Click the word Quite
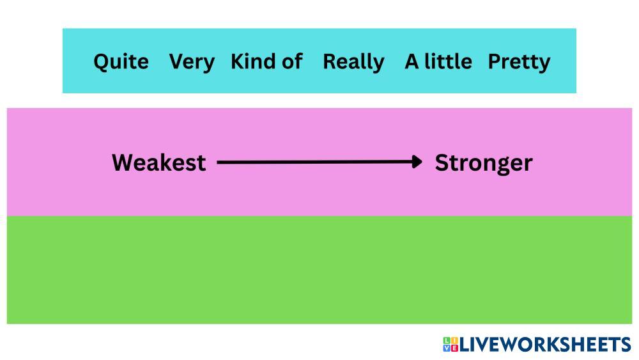pos(121,62)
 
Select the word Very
pos(192,63)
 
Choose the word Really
pos(353,63)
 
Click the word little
pos(448,61)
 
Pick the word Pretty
pos(519,63)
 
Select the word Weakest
pos(159,162)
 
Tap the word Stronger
pos(484,164)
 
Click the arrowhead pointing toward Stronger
pos(417,162)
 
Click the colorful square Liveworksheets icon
pos(450,344)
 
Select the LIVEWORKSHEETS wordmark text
pos(545,345)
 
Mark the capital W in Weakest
pos(124,162)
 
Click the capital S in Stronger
pos(442,162)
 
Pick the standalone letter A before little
pos(412,62)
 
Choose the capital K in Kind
pos(238,61)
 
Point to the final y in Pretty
pos(544,65)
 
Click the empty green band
pos(319,270)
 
